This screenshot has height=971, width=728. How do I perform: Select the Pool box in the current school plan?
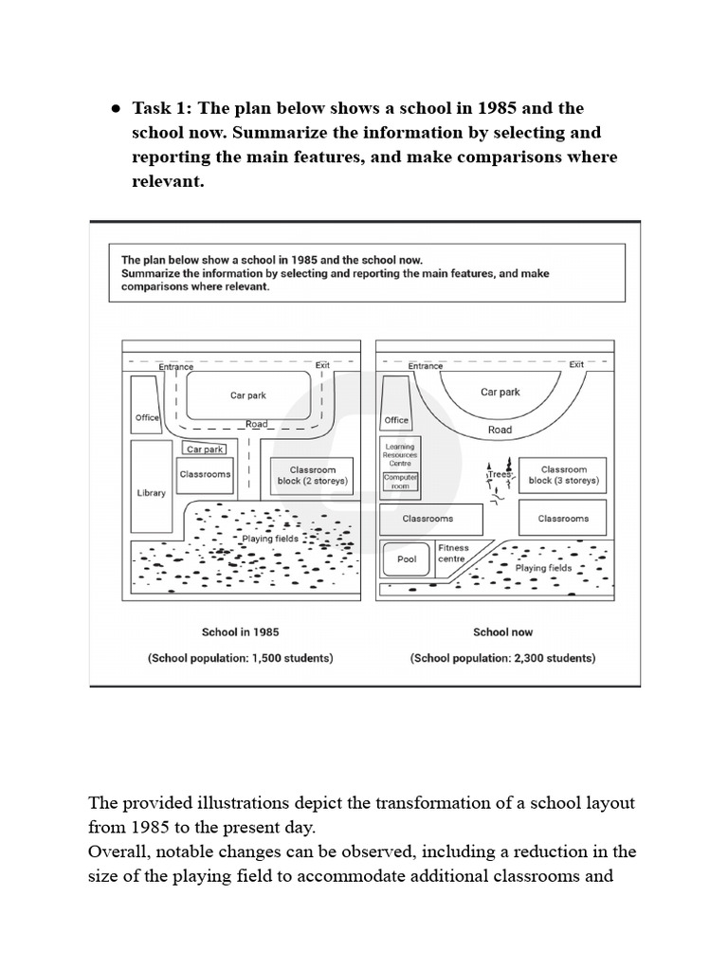tap(407, 559)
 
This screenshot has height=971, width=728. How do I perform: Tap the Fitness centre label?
tap(452, 554)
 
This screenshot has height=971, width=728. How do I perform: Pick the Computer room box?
tap(400, 482)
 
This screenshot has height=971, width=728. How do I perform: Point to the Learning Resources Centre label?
tap(399, 453)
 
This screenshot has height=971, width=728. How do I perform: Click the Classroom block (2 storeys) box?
tap(312, 475)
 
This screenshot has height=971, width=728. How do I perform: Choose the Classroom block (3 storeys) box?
tap(563, 475)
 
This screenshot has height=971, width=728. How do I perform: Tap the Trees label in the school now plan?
tap(500, 474)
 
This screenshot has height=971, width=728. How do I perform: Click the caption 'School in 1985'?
tap(240, 632)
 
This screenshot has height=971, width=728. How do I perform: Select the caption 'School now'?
tap(502, 632)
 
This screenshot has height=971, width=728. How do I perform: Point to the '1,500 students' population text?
tap(240, 657)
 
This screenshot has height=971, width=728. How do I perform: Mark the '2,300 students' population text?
tap(502, 657)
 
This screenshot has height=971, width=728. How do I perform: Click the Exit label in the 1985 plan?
tap(322, 364)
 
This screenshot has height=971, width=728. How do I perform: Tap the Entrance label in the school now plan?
tap(426, 366)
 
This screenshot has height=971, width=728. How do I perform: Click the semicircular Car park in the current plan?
tap(500, 392)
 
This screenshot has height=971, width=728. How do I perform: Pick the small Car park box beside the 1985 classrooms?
tap(205, 449)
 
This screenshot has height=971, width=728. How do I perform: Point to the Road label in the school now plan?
tap(500, 430)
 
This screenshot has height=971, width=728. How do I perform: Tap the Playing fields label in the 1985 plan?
tap(271, 539)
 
